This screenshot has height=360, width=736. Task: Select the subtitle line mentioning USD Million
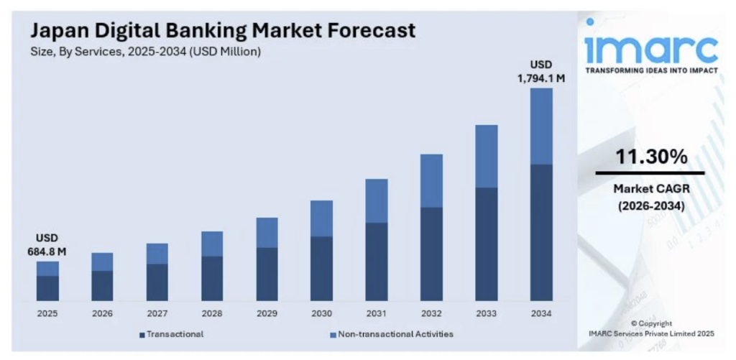pos(145,52)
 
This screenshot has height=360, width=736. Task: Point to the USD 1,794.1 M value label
pos(541,72)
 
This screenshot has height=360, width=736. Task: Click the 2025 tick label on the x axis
pos(47,313)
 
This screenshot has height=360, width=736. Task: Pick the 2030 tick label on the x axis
pos(321,313)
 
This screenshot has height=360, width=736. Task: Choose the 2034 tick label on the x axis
pos(541,313)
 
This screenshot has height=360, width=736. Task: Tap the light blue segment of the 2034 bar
pos(541,126)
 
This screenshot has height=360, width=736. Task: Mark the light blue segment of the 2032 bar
pos(431,180)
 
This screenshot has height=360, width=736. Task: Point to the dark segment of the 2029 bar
pos(267,274)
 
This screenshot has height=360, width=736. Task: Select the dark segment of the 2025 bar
pos(47,287)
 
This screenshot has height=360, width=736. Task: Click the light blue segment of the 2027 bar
pos(157,253)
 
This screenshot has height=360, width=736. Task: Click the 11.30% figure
pos(650,157)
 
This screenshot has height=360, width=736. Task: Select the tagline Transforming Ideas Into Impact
pos(650,71)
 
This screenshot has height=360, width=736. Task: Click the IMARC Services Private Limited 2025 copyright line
pos(650,333)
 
